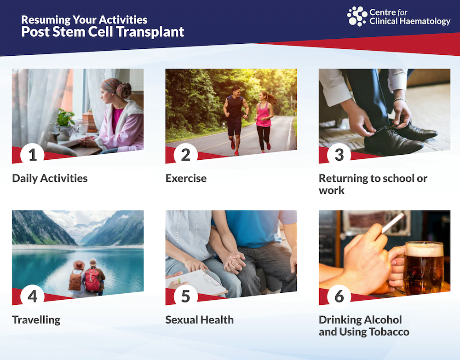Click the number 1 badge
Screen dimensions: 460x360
(x=32, y=155)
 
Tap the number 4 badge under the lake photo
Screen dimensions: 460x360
(x=32, y=296)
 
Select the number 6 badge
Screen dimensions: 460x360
(x=339, y=296)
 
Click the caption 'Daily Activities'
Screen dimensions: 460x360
(x=50, y=178)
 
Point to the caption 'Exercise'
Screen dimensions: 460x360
(x=186, y=178)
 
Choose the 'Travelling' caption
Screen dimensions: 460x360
(x=36, y=320)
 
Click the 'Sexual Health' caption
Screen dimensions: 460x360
(x=200, y=320)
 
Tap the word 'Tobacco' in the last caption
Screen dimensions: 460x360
(x=389, y=332)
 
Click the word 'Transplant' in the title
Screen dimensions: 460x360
(x=150, y=32)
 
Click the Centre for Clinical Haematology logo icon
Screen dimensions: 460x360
(x=357, y=16)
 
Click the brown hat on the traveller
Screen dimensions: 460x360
(x=79, y=265)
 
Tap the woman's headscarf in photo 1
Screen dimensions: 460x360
(x=116, y=87)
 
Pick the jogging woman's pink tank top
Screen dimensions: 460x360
(x=264, y=115)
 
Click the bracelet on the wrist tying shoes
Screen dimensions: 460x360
(x=400, y=100)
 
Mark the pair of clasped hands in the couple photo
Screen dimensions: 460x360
(x=234, y=261)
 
